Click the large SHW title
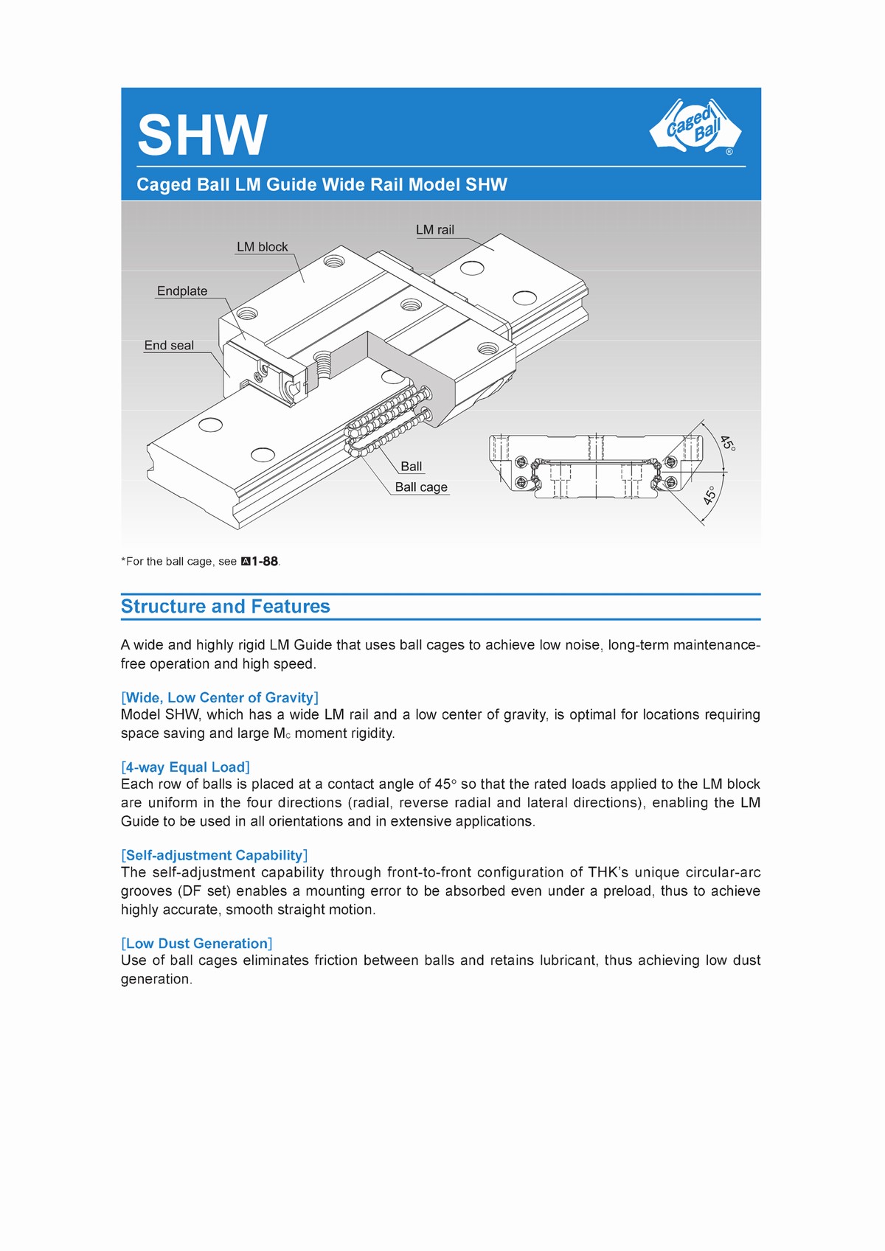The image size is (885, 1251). point(201,136)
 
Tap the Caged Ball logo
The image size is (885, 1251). point(694,127)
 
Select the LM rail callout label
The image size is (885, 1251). point(435,230)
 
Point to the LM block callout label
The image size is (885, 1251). point(262,247)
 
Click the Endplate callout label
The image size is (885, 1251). point(182,291)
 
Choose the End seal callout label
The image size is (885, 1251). point(169,346)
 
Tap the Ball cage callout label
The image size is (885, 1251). point(421,487)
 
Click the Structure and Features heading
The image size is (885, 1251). point(226,607)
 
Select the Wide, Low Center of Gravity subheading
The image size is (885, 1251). point(220,697)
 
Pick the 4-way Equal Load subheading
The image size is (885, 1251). point(185,767)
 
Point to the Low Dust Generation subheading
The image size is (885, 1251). point(197,944)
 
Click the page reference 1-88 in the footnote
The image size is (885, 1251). point(264,562)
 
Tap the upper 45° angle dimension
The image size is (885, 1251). point(727,443)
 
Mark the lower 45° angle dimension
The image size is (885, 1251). point(709,495)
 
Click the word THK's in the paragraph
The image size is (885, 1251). point(608,873)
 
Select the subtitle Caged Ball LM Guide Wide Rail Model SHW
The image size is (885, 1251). point(322,185)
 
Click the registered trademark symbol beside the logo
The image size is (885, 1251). point(729,152)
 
